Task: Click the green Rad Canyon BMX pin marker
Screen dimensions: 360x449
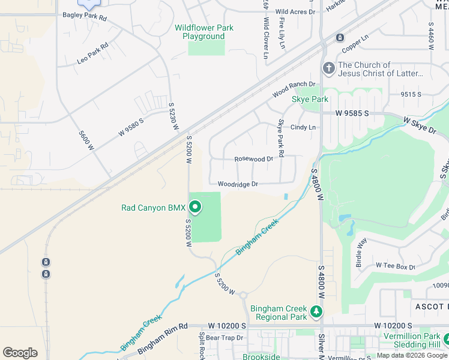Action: [195, 208]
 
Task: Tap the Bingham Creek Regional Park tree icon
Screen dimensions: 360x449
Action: [316, 312]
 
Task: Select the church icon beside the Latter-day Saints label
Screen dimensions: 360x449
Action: [328, 68]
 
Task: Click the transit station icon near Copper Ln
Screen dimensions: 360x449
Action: [340, 38]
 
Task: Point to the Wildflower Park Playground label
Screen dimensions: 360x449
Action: [203, 32]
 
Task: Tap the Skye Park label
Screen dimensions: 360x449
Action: [310, 99]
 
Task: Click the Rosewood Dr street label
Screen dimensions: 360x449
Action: [253, 159]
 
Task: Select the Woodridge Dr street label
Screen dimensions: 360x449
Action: [237, 184]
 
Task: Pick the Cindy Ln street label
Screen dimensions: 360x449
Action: [303, 127]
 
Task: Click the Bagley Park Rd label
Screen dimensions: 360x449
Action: [85, 18]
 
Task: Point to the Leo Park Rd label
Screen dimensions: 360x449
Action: [92, 53]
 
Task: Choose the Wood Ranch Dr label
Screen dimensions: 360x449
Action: [294, 89]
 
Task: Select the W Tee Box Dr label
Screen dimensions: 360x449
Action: [395, 266]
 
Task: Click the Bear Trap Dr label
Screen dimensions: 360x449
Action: [223, 338]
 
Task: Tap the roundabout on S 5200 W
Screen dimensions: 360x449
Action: [243, 295]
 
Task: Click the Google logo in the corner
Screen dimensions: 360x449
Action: [20, 353]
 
